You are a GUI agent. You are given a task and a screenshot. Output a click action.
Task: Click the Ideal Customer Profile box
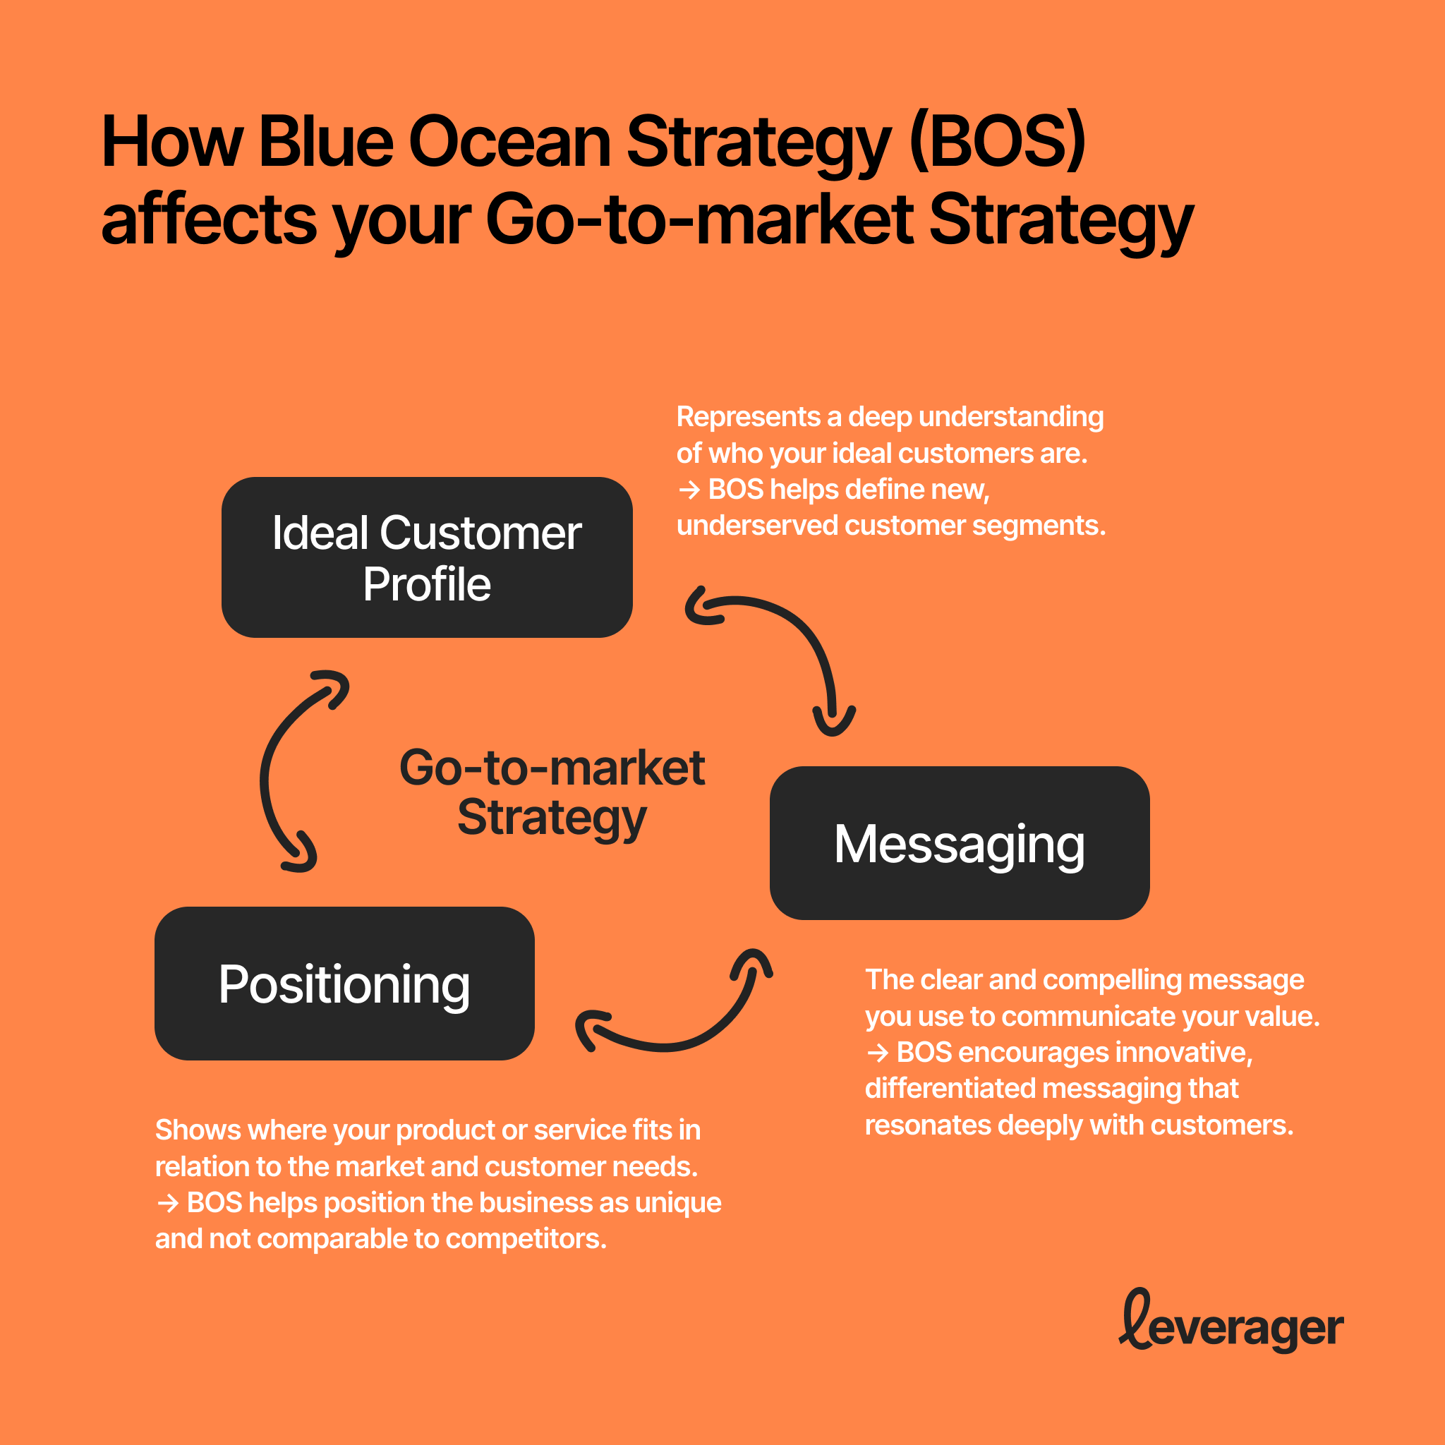point(426,557)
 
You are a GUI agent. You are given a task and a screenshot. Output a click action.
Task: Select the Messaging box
point(959,843)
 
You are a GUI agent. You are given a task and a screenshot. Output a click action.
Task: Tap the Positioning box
point(344,983)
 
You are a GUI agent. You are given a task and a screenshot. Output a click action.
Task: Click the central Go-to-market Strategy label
point(552,792)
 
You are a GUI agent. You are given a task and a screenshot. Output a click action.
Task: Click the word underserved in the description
point(756,526)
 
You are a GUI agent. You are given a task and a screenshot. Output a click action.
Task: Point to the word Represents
point(748,416)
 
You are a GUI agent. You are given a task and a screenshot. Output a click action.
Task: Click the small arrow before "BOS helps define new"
point(689,490)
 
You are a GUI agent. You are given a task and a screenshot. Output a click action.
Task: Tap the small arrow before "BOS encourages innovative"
point(877,1053)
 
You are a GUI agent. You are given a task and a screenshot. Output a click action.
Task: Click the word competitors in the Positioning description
point(526,1239)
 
